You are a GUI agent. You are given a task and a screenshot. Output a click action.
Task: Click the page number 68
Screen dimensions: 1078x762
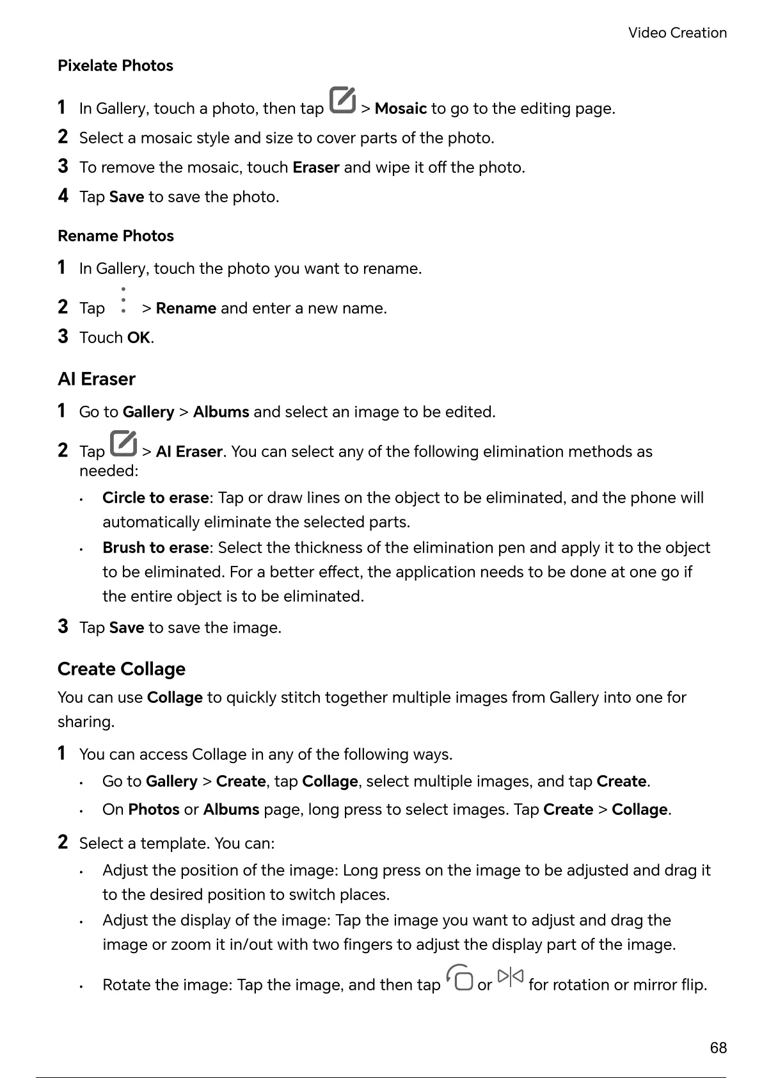718,1048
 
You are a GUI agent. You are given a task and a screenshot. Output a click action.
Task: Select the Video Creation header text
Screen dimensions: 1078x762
677,33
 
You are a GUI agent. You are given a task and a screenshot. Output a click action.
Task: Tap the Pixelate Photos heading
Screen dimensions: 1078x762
115,66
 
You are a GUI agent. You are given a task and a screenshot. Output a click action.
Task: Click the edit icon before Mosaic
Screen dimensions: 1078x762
342,100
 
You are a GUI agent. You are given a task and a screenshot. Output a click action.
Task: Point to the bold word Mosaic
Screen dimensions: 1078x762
401,109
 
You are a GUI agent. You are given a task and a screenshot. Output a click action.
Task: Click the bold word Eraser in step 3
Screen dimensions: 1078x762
315,168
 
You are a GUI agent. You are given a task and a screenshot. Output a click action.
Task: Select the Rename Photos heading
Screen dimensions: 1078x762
116,236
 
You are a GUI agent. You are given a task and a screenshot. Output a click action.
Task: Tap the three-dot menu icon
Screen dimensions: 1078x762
123,301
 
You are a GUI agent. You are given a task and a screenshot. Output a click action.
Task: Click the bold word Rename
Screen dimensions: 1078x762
186,309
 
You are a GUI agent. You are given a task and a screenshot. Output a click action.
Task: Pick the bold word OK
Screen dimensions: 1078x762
138,338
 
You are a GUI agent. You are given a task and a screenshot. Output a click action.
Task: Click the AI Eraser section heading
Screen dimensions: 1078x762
97,380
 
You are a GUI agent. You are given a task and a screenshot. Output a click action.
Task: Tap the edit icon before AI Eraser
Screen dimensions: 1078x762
123,444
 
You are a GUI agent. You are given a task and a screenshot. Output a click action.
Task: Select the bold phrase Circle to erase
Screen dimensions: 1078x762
155,498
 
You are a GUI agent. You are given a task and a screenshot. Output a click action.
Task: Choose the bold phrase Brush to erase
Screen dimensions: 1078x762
155,548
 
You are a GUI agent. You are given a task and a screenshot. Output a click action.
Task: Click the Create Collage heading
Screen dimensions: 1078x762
122,669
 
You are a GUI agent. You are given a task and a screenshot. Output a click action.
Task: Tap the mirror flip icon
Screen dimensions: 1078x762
510,977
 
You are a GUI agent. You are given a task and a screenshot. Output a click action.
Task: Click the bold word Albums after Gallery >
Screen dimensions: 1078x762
221,412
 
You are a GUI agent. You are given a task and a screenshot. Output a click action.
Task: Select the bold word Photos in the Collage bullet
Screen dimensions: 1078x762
154,810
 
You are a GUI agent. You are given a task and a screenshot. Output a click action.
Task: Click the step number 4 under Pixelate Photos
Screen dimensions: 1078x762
63,196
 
